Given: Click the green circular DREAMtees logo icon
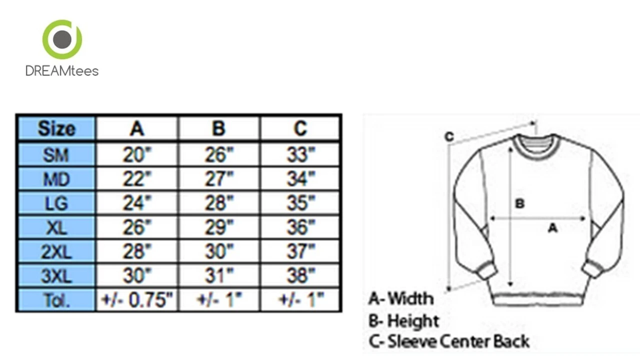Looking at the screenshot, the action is coord(62,39).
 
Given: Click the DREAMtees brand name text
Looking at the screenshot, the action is coord(62,71).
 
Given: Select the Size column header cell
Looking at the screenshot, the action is coord(56,128).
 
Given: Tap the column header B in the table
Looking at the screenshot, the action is coord(219,128).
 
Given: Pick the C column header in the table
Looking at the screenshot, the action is coord(300,128).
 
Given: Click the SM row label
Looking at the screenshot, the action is coord(56,155).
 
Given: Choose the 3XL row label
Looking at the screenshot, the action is coord(56,276).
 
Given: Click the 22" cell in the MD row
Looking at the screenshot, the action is coord(137,179).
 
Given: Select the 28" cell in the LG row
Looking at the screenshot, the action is coord(219,203).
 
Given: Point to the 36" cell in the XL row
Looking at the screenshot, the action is coord(300,227).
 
